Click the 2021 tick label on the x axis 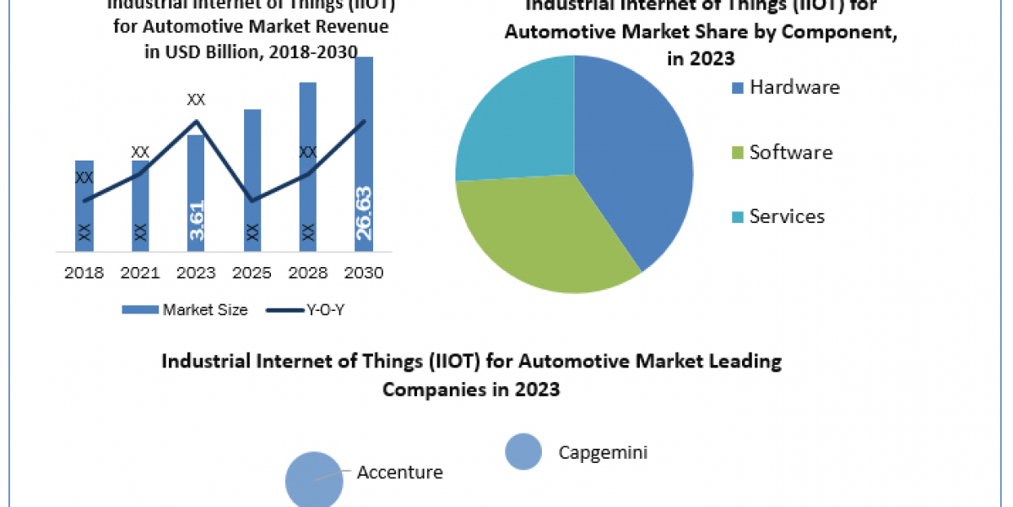(140, 273)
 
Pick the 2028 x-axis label (308, 273)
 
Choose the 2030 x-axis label (364, 273)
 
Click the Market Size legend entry (185, 310)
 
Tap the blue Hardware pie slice (633, 161)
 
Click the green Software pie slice (540, 237)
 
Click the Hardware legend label (794, 87)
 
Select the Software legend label (791, 152)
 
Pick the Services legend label (787, 216)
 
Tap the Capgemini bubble (523, 451)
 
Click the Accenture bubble (314, 478)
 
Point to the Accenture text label (399, 472)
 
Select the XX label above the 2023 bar (196, 100)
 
